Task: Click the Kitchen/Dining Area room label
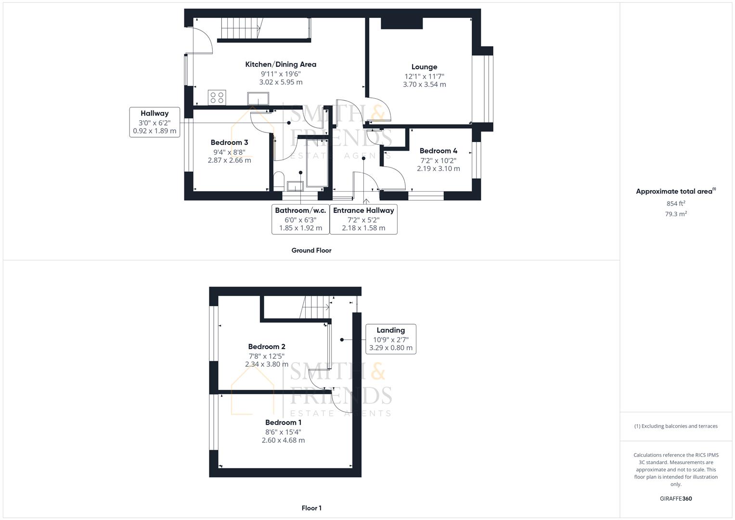pyautogui.click(x=281, y=65)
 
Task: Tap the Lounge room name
pyautogui.click(x=424, y=67)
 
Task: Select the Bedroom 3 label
pyautogui.click(x=229, y=143)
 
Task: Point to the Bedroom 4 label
pyautogui.click(x=438, y=151)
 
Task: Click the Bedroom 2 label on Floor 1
pyautogui.click(x=267, y=347)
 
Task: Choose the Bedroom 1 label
pyautogui.click(x=283, y=423)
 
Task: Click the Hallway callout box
pyautogui.click(x=155, y=122)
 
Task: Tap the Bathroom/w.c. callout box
pyautogui.click(x=300, y=219)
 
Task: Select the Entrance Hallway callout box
pyautogui.click(x=363, y=219)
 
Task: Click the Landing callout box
pyautogui.click(x=390, y=339)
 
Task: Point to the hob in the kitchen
pyautogui.click(x=217, y=98)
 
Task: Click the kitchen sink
pyautogui.click(x=258, y=99)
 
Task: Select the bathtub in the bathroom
pyautogui.click(x=317, y=163)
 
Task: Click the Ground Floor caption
pyautogui.click(x=311, y=250)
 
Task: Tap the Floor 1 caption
pyautogui.click(x=311, y=508)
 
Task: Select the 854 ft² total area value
pyautogui.click(x=675, y=203)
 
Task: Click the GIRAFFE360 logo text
pyautogui.click(x=675, y=499)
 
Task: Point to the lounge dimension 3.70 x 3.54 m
pyautogui.click(x=424, y=84)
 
